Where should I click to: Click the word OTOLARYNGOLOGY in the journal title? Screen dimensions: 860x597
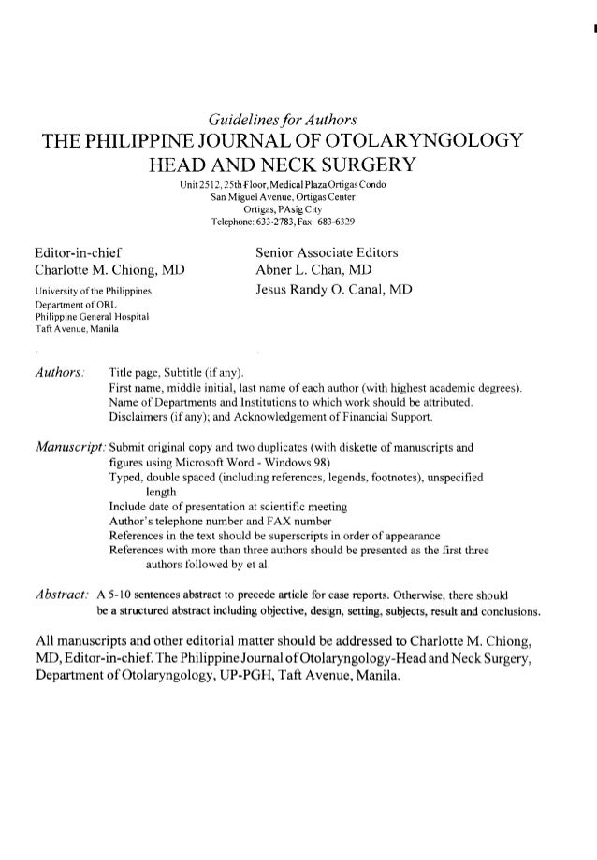tap(426, 142)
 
